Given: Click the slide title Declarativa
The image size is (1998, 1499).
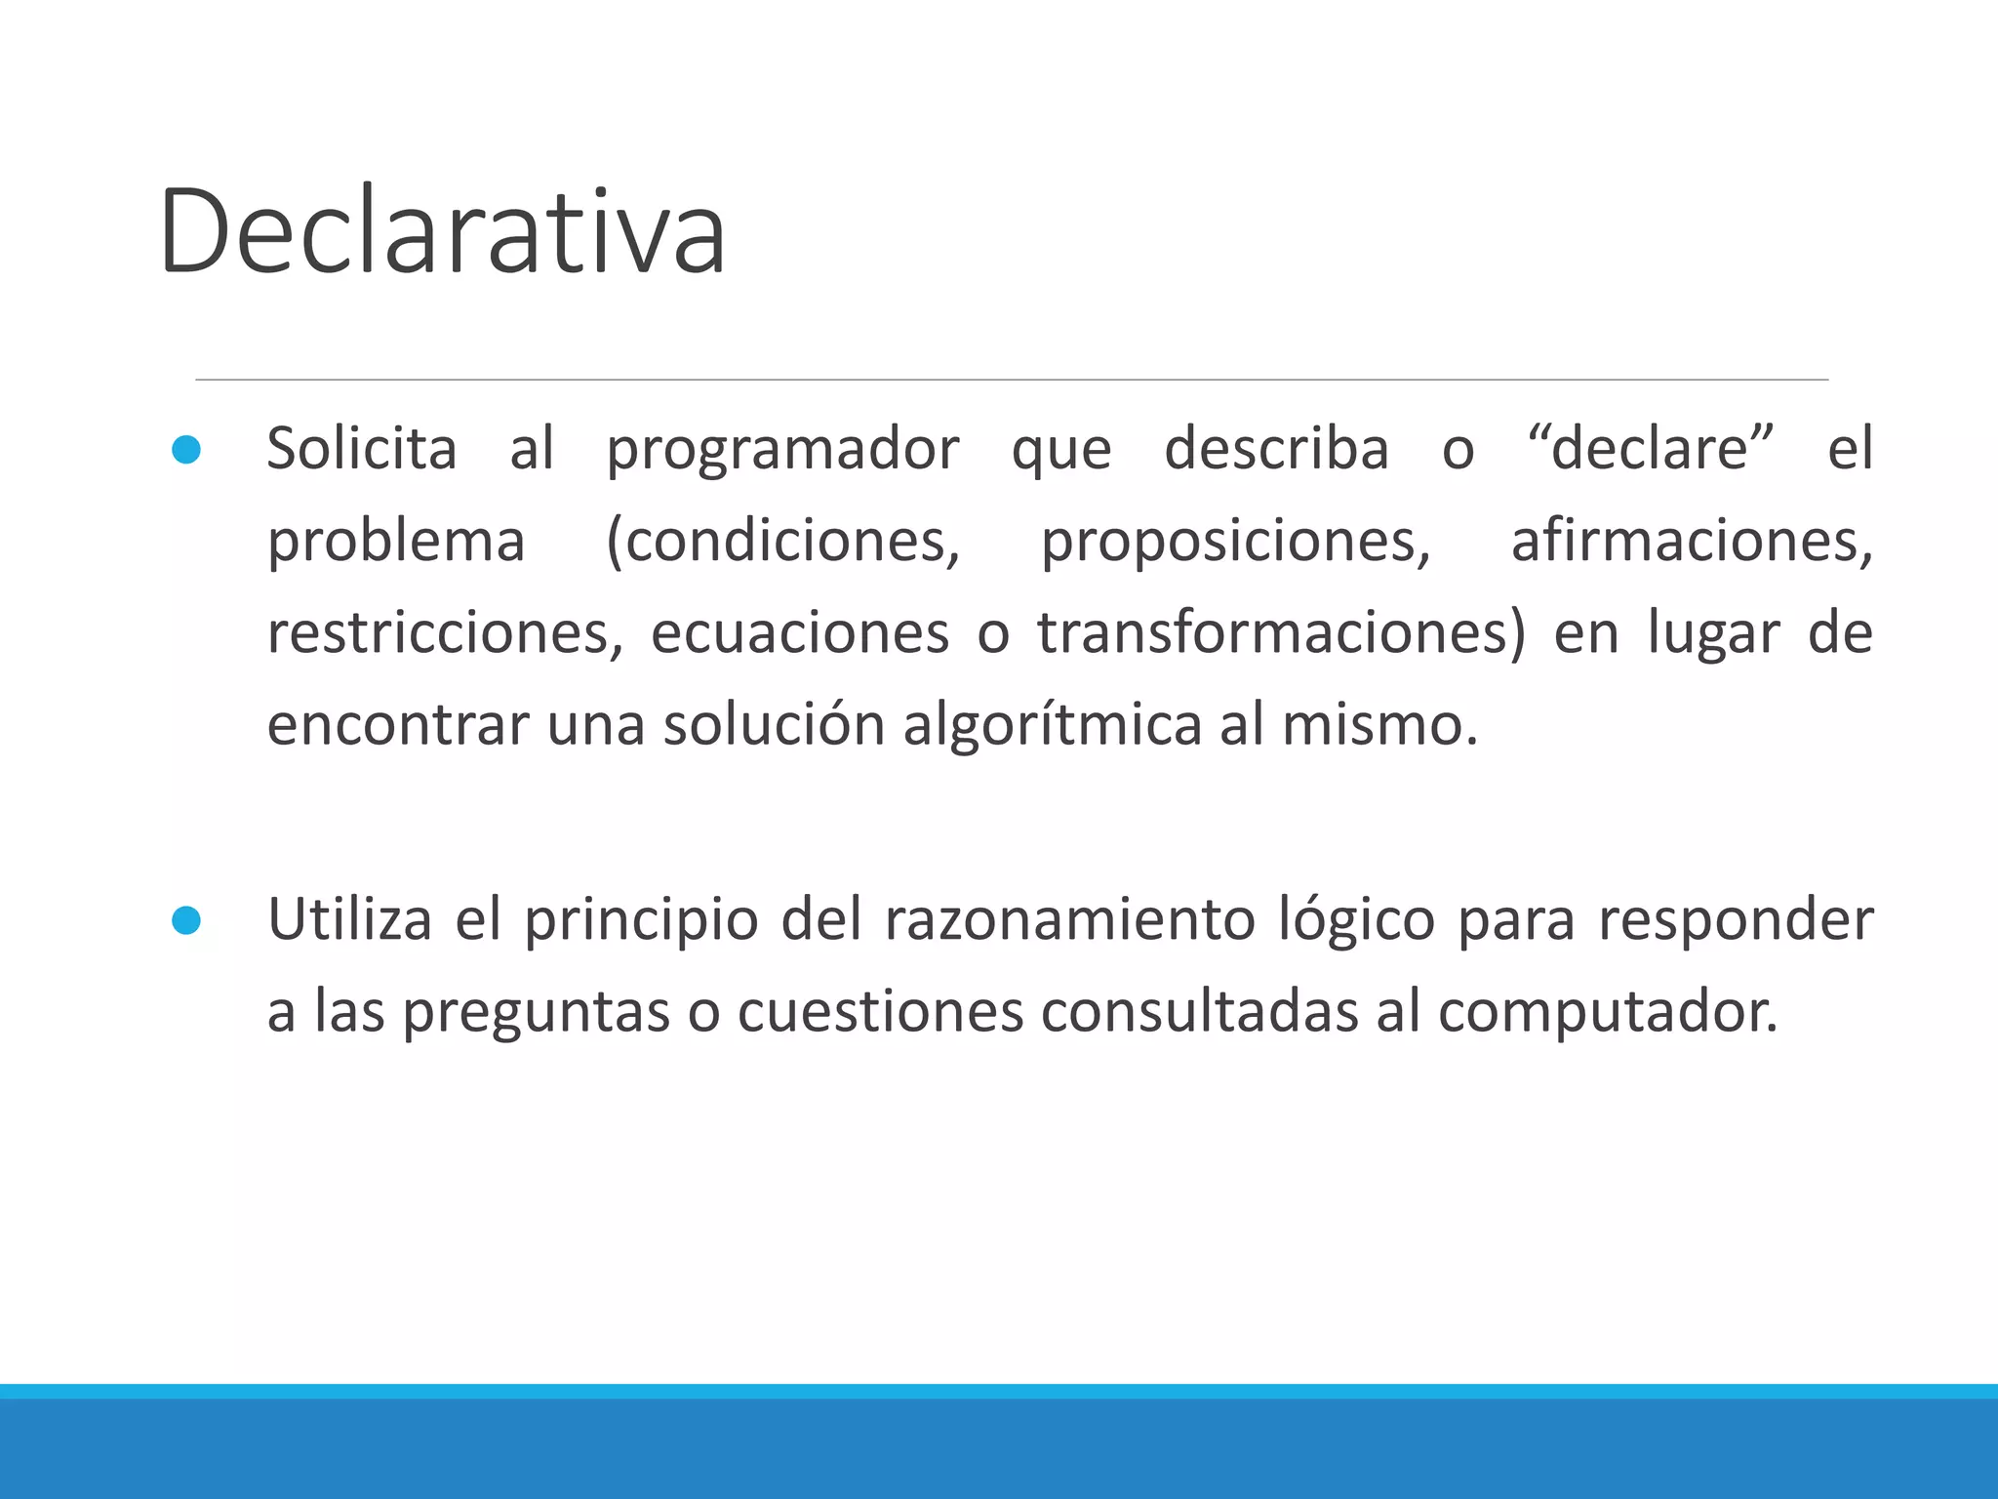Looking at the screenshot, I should pos(442,232).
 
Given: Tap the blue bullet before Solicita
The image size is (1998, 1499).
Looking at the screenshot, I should pos(186,450).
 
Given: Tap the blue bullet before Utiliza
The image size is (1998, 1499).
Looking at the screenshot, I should pos(186,920).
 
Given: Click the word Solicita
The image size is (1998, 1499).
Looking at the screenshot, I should pos(362,449).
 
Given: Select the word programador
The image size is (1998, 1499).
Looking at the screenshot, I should pos(782,451).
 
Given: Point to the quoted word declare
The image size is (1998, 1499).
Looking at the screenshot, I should pos(1650,449).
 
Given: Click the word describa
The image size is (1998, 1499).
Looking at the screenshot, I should pos(1276,449).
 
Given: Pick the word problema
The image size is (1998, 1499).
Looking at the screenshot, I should pos(396,543).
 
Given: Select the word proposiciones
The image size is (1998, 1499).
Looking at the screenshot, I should pos(1235,543).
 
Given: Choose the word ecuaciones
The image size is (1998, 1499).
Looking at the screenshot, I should pos(800,633).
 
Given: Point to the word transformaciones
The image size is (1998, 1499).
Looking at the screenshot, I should pos(1280,633).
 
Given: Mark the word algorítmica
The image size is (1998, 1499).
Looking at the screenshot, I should pos(1052,726).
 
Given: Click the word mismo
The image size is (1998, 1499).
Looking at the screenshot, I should pos(1379,726).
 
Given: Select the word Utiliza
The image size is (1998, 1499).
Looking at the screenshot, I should pos(349,919).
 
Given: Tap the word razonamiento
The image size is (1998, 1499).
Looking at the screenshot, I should pos(1069,919).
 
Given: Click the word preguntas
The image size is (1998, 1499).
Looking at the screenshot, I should pos(536,1013).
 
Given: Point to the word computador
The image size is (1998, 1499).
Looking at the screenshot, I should pos(1608,1013).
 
